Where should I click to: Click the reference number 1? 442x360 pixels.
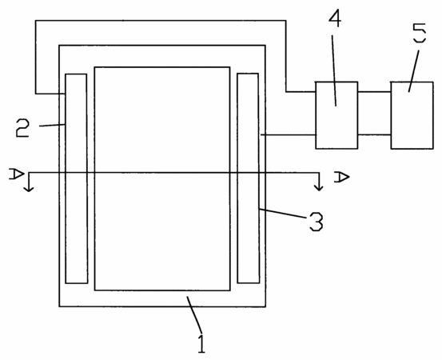(x=201, y=343)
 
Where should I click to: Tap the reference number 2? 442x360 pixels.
(x=22, y=128)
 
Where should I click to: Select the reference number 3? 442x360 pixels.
(x=316, y=222)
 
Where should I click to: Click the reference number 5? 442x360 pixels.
(x=420, y=33)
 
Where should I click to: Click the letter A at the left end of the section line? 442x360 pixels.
(x=16, y=174)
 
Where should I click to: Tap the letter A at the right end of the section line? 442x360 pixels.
(x=341, y=177)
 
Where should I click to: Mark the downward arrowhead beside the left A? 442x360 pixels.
(x=28, y=189)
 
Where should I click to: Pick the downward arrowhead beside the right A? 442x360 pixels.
(x=319, y=188)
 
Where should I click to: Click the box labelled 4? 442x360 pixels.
(x=336, y=115)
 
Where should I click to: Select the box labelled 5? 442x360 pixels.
(x=412, y=115)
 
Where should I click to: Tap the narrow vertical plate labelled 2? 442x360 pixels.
(x=77, y=178)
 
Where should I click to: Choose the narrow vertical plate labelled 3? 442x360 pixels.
(x=249, y=178)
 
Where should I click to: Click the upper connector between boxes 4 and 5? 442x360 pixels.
(x=374, y=92)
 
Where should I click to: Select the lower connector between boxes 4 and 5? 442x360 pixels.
(x=374, y=135)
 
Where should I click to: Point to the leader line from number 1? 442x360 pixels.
(x=194, y=314)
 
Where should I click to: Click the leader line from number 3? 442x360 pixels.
(x=283, y=214)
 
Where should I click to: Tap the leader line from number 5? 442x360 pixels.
(x=413, y=71)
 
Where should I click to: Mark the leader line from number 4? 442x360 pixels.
(x=334, y=70)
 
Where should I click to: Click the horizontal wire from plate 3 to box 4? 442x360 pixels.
(x=288, y=135)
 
